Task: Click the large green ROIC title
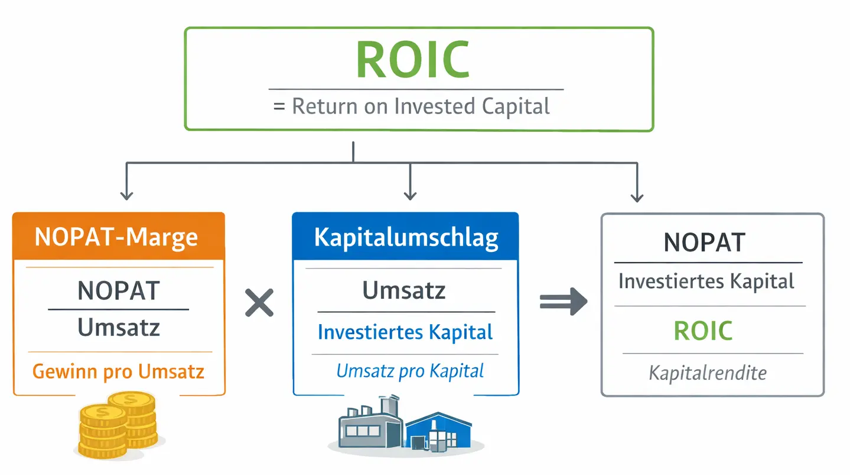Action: pos(413,60)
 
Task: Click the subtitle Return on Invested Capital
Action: pos(412,106)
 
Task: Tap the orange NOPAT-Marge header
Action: pos(117,237)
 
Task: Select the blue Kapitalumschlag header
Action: pos(406,237)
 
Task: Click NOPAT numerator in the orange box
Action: pos(119,291)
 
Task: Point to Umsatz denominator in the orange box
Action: pos(119,327)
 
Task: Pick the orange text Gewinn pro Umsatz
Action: pos(118,371)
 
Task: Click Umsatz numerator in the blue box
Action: pos(405,290)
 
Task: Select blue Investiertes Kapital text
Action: pos(405,332)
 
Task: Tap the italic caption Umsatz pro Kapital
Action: pos(410,371)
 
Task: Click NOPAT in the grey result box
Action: pos(704,243)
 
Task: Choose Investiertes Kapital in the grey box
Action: pos(706,281)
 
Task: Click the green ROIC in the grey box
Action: pos(703,331)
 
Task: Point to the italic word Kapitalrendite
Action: pos(707,373)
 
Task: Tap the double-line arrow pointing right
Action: pos(563,303)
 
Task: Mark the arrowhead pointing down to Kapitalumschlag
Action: pos(409,195)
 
